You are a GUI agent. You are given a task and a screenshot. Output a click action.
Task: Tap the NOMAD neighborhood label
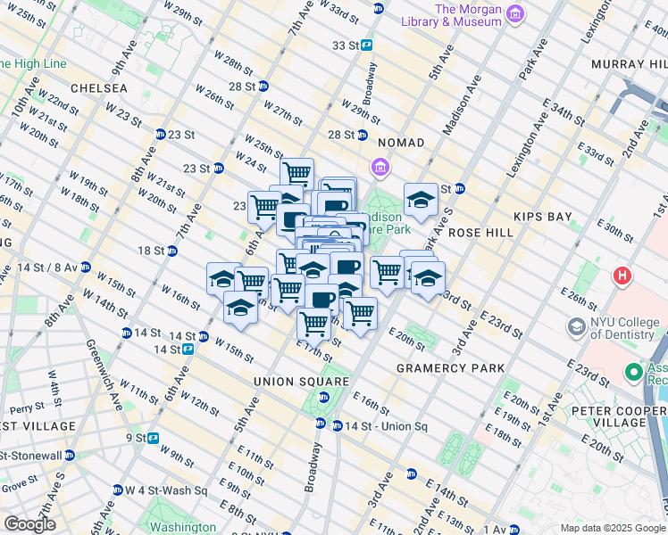(x=401, y=143)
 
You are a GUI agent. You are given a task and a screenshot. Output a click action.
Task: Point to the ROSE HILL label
(x=482, y=232)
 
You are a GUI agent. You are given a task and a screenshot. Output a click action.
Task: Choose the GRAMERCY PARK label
(x=451, y=368)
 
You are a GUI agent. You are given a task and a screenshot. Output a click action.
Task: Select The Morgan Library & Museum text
(x=463, y=15)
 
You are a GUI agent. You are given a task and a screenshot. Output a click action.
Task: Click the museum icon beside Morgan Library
(x=514, y=14)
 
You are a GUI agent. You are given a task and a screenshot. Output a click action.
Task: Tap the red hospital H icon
(x=622, y=276)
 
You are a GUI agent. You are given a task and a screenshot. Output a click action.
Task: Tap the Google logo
(x=29, y=524)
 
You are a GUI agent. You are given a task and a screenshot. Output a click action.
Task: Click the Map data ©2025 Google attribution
(x=613, y=528)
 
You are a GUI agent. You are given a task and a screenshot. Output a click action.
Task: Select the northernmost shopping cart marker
(x=296, y=173)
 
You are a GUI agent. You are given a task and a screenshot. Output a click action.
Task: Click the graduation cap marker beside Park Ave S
(x=421, y=200)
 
